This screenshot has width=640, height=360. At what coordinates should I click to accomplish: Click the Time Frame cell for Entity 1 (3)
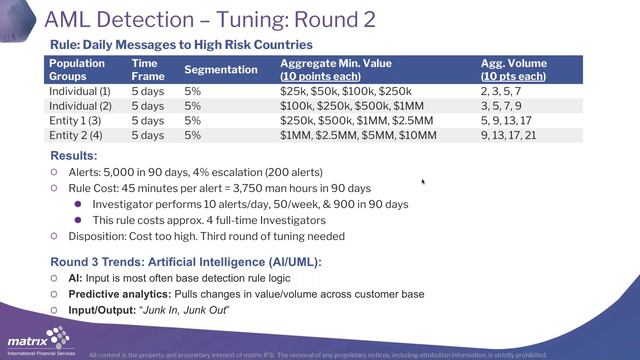[x=148, y=120]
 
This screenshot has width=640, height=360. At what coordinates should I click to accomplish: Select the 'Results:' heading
[x=73, y=156]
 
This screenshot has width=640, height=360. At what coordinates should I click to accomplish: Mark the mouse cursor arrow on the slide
[x=424, y=182]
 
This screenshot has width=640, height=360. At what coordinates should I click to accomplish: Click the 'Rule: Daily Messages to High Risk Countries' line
[x=181, y=45]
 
